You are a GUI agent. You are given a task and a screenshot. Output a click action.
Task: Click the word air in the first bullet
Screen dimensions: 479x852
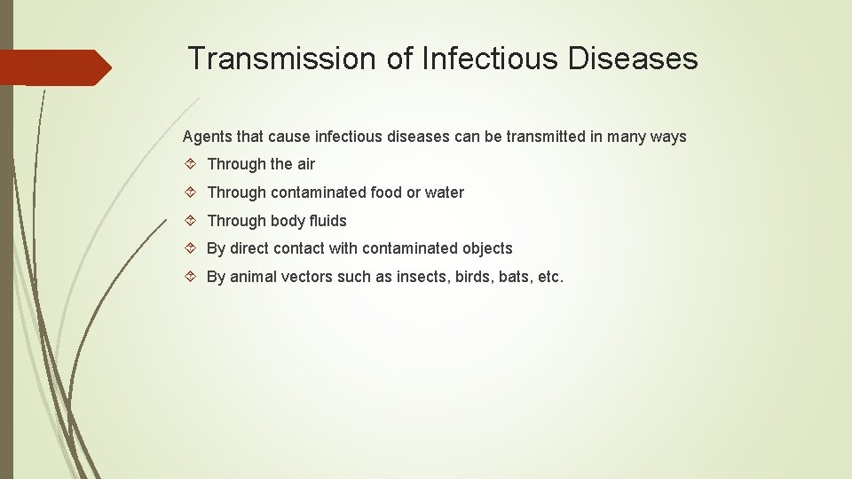305,164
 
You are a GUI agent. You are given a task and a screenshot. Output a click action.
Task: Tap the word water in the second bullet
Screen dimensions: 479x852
444,192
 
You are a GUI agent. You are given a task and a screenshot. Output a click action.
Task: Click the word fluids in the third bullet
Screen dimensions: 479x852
327,221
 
